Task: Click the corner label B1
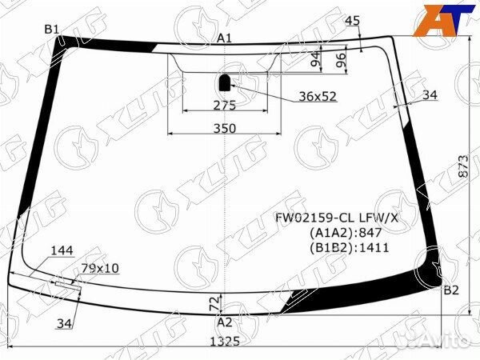pos(53,30)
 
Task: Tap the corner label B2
pos(450,290)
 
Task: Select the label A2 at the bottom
pos(225,322)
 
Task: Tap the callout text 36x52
pos(318,97)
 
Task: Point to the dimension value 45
pos(352,21)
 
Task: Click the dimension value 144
pos(62,250)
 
